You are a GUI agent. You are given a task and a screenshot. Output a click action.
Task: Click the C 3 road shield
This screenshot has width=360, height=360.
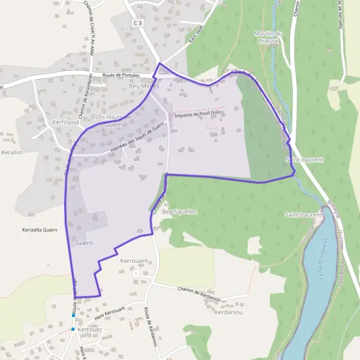[139, 23]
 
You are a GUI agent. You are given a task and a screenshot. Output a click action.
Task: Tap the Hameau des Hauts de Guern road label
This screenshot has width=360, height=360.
[137, 138]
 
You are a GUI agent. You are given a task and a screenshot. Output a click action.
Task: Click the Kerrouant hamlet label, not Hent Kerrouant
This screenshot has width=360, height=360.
[134, 262]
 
